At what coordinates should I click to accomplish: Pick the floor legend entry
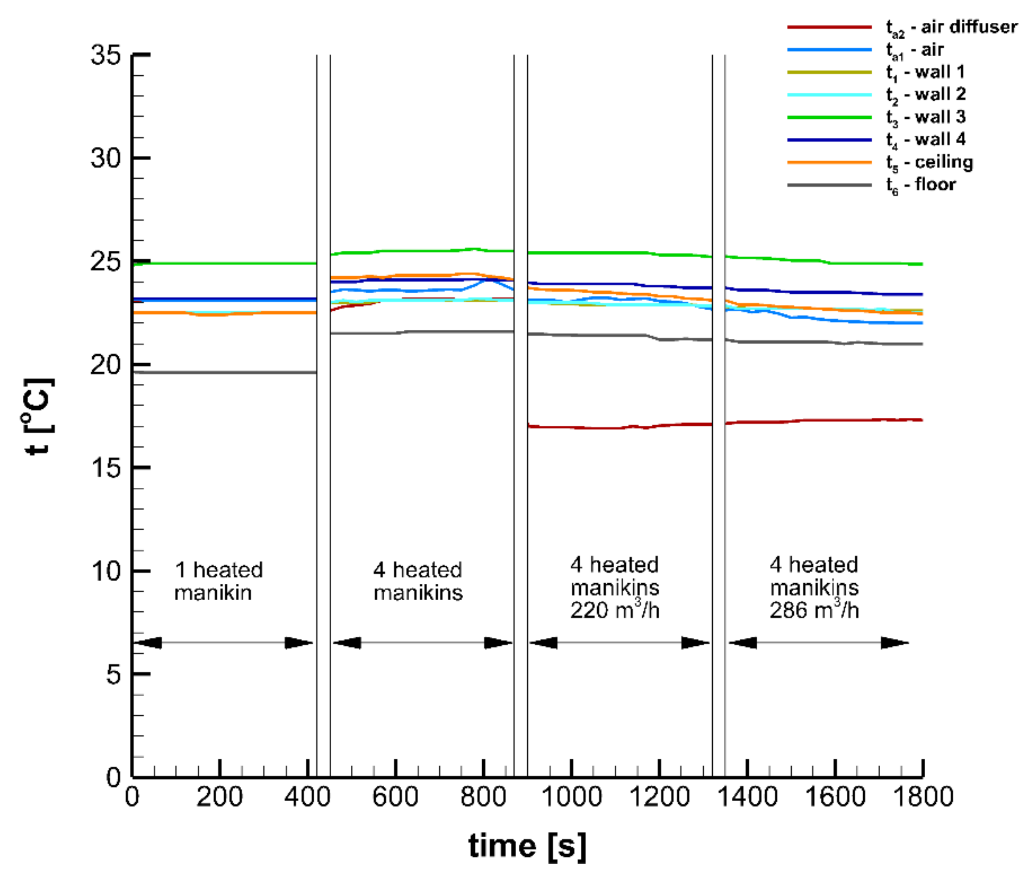point(921,185)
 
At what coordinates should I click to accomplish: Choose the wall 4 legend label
point(926,140)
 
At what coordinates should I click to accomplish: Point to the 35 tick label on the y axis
point(106,55)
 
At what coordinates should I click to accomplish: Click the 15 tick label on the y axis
point(106,468)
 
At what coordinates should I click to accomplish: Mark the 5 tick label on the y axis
point(114,675)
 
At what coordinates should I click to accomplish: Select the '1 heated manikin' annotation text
point(218,581)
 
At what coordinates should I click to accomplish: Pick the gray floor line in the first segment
point(224,372)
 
